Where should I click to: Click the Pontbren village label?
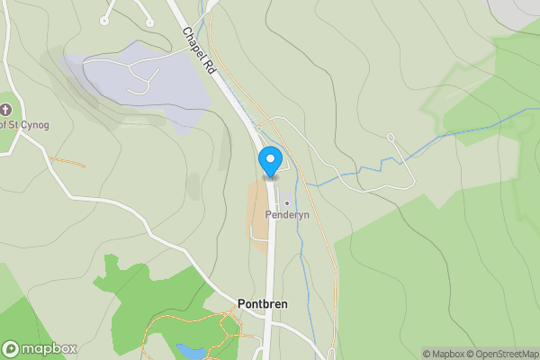click(x=263, y=304)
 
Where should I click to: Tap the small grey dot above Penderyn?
click(x=288, y=203)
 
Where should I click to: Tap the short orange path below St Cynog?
click(x=67, y=163)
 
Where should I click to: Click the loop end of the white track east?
click(x=391, y=137)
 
